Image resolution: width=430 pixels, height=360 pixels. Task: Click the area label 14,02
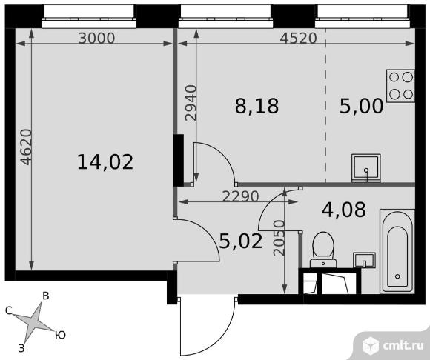click(105, 162)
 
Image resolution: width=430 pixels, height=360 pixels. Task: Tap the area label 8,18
click(257, 107)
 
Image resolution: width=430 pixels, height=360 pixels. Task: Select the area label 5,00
click(362, 107)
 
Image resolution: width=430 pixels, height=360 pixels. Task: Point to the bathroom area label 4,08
click(344, 210)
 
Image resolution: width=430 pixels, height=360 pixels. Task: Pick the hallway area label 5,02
click(242, 241)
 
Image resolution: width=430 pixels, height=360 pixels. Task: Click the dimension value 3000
click(96, 39)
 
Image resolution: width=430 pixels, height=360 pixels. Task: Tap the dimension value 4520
click(298, 39)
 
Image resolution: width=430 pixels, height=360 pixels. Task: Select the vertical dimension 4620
click(27, 147)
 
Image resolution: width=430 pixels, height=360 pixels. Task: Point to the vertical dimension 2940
click(191, 103)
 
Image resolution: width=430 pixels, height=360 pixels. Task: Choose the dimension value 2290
click(240, 196)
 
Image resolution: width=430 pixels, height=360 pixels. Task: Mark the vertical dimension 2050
click(279, 238)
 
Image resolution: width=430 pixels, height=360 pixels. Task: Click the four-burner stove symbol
click(400, 86)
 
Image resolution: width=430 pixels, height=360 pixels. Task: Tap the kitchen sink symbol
click(366, 168)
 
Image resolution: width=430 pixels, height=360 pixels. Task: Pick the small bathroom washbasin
click(364, 260)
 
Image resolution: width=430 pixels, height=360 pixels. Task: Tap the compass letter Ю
click(60, 335)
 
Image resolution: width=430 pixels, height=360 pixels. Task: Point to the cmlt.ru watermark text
click(403, 346)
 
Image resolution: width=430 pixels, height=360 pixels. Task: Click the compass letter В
click(46, 296)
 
